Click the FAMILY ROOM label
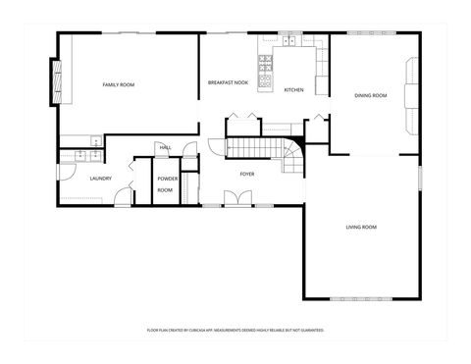[119, 85]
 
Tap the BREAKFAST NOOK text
[226, 83]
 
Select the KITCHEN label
[293, 90]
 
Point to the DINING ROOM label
[371, 95]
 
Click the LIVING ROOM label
[361, 227]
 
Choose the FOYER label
[247, 174]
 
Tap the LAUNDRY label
[100, 178]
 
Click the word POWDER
[166, 179]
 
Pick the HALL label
[165, 148]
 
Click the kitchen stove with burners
[265, 72]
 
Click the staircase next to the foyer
[257, 148]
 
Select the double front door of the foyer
[236, 199]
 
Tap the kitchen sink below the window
[290, 43]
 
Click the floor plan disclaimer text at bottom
[235, 331]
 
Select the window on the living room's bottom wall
[361, 297]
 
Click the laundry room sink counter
[80, 154]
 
